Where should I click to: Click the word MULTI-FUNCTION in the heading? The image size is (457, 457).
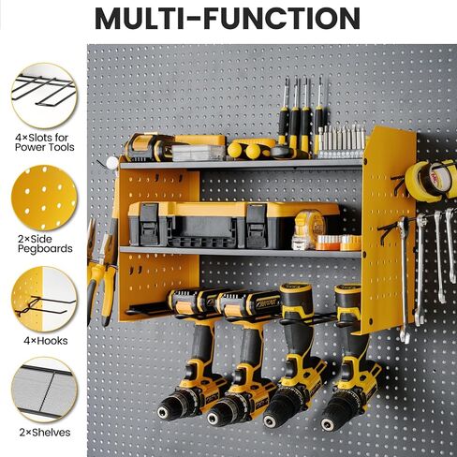[228, 19]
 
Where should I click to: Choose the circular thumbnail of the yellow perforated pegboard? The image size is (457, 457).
[43, 198]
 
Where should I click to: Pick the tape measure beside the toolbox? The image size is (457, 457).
[308, 226]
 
